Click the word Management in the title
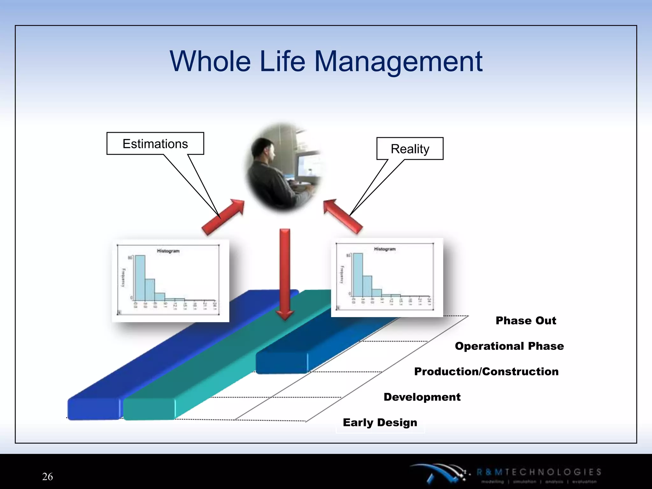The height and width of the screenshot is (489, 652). pos(398,62)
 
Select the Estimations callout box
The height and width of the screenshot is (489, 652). pos(155,144)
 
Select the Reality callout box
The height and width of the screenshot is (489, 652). pos(410,149)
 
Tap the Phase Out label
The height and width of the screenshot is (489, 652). pos(526,320)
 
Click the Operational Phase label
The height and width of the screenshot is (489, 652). pos(509,346)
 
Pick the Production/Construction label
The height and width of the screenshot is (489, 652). pos(486,371)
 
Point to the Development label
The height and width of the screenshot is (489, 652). pos(422,397)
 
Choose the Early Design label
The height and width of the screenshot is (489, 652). pos(380,422)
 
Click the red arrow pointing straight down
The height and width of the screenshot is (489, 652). pos(285,274)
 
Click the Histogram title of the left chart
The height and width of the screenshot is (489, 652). pos(168,251)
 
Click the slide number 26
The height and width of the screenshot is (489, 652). pos(47,476)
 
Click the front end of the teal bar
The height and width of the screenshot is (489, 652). pos(149,409)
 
